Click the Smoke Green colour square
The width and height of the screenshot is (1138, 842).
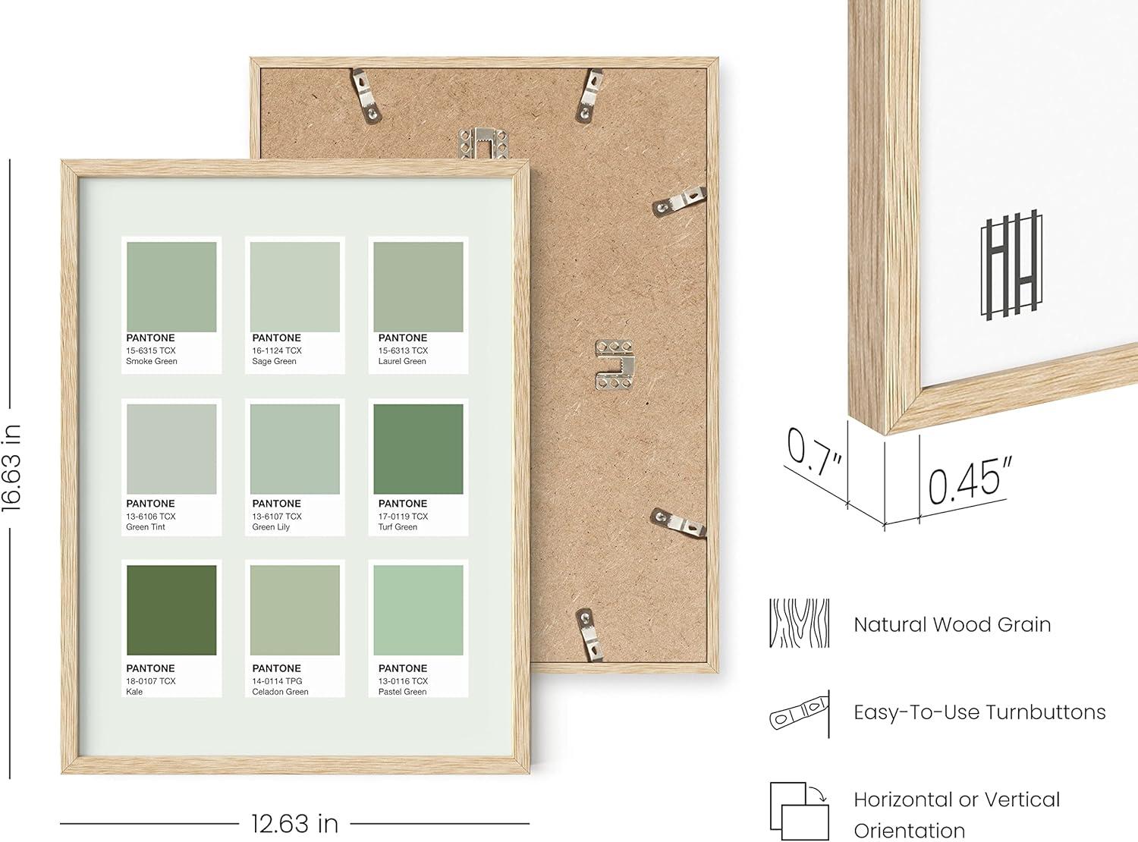(171, 287)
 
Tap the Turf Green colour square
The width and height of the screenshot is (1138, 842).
(418, 449)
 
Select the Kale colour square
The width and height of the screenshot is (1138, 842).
(171, 610)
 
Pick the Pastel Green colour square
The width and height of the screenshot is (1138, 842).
(418, 610)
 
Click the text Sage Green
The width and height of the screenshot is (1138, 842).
(274, 361)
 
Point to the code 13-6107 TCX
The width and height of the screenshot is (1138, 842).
(277, 516)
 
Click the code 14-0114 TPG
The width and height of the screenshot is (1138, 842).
(277, 681)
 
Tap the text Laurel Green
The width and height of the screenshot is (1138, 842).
(402, 361)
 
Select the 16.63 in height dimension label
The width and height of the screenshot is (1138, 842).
(11, 468)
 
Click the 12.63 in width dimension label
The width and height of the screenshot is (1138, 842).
(294, 824)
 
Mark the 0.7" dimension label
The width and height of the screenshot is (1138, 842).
(813, 451)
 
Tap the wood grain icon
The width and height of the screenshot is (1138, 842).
(799, 623)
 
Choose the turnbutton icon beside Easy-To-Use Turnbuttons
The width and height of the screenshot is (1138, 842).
(800, 712)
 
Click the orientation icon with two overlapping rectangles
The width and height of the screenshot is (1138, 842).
(799, 811)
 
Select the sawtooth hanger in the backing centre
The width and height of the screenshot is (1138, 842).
(615, 365)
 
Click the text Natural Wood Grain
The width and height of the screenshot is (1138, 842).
(952, 624)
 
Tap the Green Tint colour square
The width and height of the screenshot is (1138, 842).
(171, 449)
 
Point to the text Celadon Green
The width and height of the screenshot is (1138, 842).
(280, 692)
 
